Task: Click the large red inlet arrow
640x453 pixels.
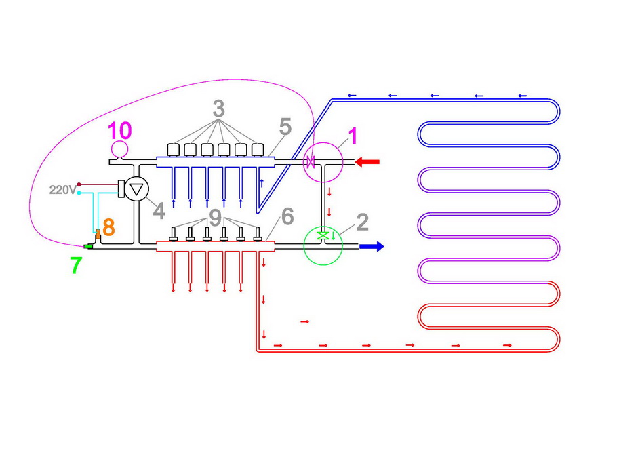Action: [x=368, y=162]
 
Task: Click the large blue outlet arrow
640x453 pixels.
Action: [x=372, y=246]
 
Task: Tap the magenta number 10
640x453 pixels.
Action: [x=120, y=129]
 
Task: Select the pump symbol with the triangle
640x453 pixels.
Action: [x=137, y=189]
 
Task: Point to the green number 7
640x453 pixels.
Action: [x=76, y=265]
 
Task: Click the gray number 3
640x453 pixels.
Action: [x=218, y=109]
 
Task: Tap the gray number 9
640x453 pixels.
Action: [x=216, y=217]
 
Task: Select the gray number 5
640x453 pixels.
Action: [x=285, y=126]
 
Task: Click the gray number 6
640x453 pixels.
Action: [x=286, y=217]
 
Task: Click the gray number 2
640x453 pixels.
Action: [x=362, y=221]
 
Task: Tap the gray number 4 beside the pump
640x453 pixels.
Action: [x=158, y=212]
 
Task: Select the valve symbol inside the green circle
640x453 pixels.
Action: [x=324, y=235]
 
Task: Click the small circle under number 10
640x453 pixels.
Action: [x=120, y=149]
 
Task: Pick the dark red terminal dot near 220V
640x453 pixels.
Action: [x=79, y=184]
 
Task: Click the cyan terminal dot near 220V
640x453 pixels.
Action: [x=79, y=193]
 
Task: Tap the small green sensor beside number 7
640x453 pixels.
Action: [x=88, y=245]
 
